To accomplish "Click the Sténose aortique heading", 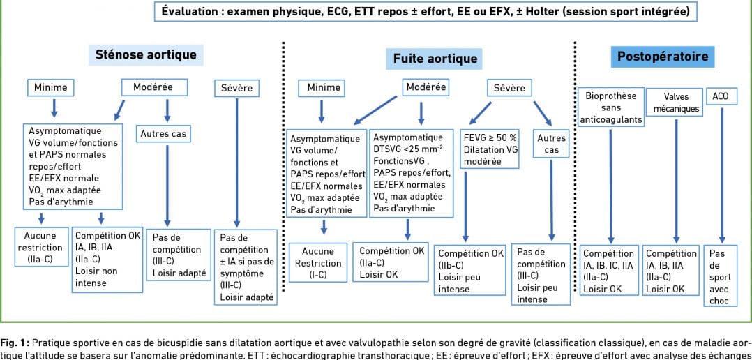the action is (x=146, y=54).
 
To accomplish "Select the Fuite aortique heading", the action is (x=435, y=59).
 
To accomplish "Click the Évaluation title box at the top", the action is (x=426, y=12).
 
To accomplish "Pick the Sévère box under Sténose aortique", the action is (x=237, y=88).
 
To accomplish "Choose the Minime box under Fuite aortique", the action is (x=324, y=88).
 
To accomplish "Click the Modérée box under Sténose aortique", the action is (x=153, y=87).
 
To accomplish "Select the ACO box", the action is (x=720, y=96).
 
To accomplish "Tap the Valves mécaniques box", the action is (x=676, y=103).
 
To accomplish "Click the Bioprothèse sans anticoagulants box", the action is (x=610, y=107).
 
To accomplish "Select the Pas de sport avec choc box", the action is (x=719, y=276).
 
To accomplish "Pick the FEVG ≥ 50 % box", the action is (x=490, y=149).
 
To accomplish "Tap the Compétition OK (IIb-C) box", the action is (x=469, y=271).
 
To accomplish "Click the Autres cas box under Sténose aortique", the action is (x=164, y=134).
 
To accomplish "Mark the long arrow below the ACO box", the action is (x=721, y=175).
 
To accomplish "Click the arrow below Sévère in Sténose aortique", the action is (x=236, y=163).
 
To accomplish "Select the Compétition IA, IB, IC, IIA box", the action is (x=609, y=271).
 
